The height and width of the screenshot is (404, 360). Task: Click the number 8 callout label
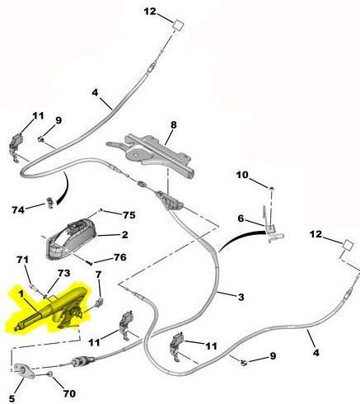click(174, 124)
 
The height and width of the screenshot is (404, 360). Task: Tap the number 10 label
click(242, 175)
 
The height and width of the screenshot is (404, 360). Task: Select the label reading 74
click(18, 210)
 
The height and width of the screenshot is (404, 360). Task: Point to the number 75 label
click(129, 215)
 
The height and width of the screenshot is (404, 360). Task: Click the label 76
click(120, 257)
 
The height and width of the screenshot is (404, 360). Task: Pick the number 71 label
click(22, 260)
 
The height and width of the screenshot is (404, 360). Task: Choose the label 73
click(63, 273)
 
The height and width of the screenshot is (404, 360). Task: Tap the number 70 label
click(69, 393)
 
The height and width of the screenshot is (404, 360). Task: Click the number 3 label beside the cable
click(241, 297)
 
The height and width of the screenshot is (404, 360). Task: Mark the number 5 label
click(12, 398)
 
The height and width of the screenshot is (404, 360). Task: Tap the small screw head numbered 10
click(272, 189)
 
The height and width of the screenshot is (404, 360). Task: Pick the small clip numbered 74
click(50, 203)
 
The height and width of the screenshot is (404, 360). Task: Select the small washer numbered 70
click(49, 373)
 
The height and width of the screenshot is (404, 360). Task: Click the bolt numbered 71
click(32, 287)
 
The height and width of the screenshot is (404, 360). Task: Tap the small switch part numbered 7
click(101, 302)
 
